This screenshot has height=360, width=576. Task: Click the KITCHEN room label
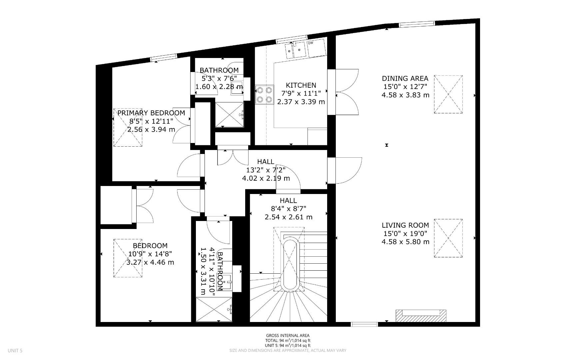pyautogui.click(x=301, y=85)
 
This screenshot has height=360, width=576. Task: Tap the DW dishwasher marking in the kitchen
pyautogui.click(x=310, y=43)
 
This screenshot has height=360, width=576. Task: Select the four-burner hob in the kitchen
pyautogui.click(x=264, y=95)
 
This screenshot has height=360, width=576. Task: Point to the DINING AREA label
pyautogui.click(x=405, y=79)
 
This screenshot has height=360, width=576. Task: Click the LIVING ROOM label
pyautogui.click(x=405, y=225)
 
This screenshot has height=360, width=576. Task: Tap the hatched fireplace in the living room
pyautogui.click(x=421, y=315)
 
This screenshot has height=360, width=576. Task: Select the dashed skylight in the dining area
pyautogui.click(x=448, y=94)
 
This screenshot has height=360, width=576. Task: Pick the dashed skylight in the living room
pyautogui.click(x=448, y=238)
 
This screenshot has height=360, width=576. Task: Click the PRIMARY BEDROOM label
pyautogui.click(x=151, y=113)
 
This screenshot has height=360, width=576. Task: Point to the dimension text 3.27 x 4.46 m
pyautogui.click(x=150, y=262)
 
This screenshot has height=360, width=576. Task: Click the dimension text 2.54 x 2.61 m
pyautogui.click(x=288, y=217)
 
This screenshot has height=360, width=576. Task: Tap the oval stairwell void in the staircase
pyautogui.click(x=291, y=264)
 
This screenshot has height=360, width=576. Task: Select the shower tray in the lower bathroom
pyautogui.click(x=214, y=309)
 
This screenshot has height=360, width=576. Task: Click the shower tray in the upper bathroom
pyautogui.click(x=229, y=114)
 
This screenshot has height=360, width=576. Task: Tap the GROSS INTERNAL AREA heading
pyautogui.click(x=288, y=336)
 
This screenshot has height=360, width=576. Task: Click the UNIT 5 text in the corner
pyautogui.click(x=15, y=351)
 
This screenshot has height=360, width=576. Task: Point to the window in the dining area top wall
pyautogui.click(x=417, y=23)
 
